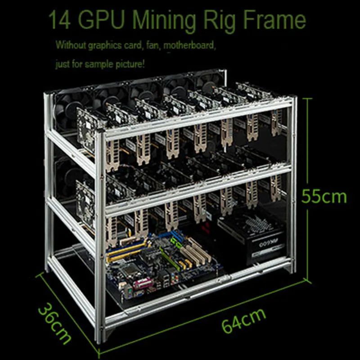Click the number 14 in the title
tap(59, 20)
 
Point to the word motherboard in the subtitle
tap(189, 45)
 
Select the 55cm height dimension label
tap(324, 197)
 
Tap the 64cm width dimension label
tap(244, 320)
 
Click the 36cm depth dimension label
tap(55, 324)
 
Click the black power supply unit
tap(252, 239)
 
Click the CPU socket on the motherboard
tap(130, 271)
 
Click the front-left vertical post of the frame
tap(100, 237)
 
